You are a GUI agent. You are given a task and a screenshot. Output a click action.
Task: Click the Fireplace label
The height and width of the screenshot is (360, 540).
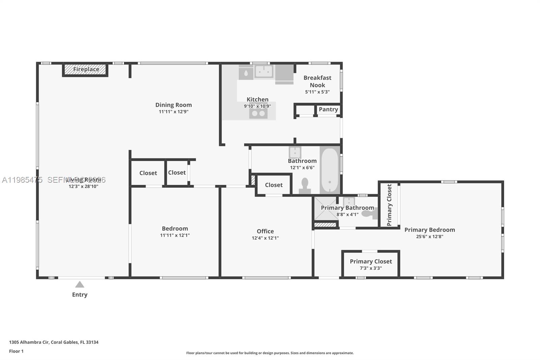point(86,70)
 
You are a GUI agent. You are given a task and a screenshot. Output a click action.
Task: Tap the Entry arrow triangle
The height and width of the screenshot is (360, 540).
point(80,285)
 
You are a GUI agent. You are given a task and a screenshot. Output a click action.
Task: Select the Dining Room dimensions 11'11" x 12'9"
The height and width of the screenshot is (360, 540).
point(173,112)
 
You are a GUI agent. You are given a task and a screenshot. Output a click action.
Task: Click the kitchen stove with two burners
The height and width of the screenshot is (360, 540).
point(258,113)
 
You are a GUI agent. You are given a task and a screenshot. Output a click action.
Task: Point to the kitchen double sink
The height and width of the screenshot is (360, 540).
point(264,72)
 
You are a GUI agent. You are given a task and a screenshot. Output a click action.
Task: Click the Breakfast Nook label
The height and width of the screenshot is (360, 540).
point(317,81)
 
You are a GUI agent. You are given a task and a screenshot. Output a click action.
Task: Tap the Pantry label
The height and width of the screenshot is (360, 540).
point(328,109)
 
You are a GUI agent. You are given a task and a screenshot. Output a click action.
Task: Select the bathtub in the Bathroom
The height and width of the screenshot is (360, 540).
point(329,170)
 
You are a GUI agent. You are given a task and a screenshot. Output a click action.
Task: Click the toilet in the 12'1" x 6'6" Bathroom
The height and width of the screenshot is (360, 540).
point(305,186)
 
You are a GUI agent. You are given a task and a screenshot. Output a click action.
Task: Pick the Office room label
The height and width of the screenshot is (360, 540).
point(265,231)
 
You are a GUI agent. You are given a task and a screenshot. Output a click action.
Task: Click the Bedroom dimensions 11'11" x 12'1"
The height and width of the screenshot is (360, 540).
point(175,235)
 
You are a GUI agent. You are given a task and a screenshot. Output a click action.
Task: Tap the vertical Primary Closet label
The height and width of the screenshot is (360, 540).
point(389,205)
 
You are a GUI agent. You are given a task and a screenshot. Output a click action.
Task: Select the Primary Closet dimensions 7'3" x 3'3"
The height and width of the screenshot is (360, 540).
point(371,268)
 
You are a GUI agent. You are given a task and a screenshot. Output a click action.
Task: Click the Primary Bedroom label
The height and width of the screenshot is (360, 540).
point(430,230)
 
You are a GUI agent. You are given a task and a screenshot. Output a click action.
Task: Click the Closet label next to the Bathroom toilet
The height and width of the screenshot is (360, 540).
point(274,185)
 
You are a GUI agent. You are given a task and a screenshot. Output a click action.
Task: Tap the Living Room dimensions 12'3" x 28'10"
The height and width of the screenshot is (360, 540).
point(83,186)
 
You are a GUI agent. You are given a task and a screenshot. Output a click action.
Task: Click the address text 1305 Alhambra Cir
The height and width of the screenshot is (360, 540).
point(29,342)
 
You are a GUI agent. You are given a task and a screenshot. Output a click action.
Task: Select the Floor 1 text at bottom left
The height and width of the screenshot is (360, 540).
point(16,351)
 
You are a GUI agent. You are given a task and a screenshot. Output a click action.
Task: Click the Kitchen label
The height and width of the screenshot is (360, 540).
point(258,100)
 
